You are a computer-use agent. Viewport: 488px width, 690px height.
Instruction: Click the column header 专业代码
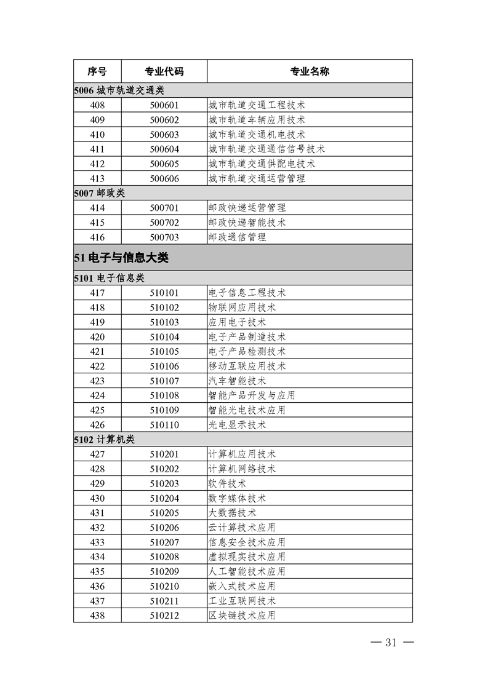coord(164,71)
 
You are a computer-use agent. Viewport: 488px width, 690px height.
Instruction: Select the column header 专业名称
coord(310,71)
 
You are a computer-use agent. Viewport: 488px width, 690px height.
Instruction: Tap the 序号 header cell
coord(97,71)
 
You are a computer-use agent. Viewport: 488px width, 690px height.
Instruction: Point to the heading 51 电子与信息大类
coord(121,258)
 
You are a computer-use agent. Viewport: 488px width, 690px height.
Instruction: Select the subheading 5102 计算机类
coord(103,440)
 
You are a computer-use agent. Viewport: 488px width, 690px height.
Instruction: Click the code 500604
coord(164,149)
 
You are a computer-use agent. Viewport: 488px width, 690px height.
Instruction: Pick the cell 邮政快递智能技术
coord(247,223)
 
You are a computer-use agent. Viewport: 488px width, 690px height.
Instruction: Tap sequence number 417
coord(97,293)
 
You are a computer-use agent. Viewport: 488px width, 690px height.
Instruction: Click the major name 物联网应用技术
coord(242,307)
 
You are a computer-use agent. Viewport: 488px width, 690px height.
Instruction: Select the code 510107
coord(164,381)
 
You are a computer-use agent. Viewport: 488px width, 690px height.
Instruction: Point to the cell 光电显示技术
coord(237,425)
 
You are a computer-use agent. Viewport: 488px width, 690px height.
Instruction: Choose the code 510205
coord(164,513)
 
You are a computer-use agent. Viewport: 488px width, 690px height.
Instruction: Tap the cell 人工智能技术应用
coord(247,571)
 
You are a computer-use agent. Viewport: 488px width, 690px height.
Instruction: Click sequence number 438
coord(97,616)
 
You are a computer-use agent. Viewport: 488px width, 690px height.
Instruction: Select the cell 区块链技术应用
coord(242,616)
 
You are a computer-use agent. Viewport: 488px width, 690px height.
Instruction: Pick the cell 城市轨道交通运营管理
coord(257,179)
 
